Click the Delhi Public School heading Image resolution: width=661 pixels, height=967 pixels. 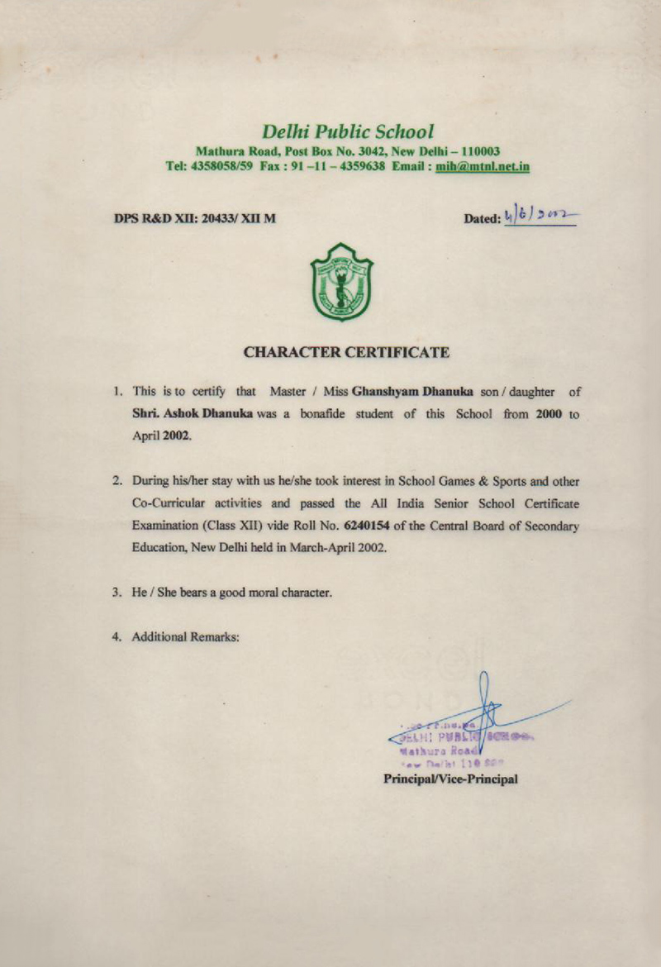[347, 131]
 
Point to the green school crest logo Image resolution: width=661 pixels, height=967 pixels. [341, 282]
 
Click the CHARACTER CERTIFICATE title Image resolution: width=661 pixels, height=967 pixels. [347, 353]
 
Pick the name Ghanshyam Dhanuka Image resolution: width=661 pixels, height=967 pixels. [406, 393]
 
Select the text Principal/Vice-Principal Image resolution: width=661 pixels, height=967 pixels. [450, 779]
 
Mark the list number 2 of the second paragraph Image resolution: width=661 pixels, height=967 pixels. [117, 480]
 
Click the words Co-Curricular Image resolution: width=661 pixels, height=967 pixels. [168, 503]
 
